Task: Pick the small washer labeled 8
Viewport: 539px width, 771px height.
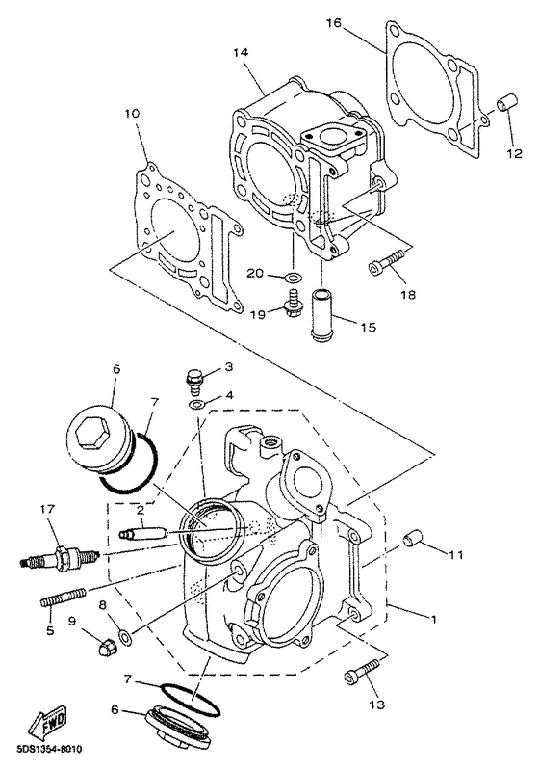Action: [x=126, y=639]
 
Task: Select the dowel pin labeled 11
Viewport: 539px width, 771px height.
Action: [x=413, y=540]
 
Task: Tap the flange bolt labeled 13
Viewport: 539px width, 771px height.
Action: [x=363, y=670]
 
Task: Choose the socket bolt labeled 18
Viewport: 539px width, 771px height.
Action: [x=387, y=261]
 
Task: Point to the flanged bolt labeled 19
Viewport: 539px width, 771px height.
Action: [x=293, y=303]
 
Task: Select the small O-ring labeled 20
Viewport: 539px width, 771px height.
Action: [x=293, y=278]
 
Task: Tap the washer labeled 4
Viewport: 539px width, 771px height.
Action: [x=197, y=404]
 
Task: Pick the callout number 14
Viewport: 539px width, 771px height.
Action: [x=242, y=52]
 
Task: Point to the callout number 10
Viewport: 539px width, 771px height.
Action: [x=132, y=114]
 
